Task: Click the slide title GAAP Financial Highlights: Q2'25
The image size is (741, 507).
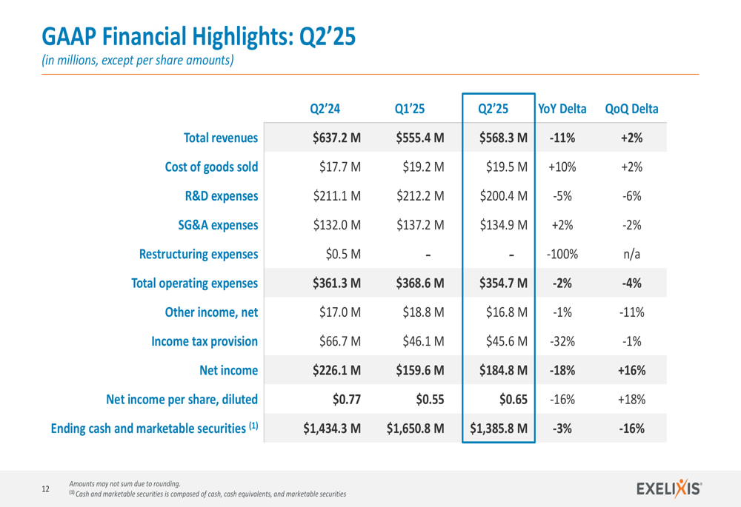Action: pos(198,36)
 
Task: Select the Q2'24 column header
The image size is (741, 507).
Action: pos(325,109)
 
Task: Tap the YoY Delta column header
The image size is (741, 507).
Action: pos(562,109)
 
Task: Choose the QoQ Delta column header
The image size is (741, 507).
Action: pos(631,109)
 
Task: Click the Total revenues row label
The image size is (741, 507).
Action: pos(221,138)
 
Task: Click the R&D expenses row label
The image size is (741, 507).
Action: pos(222,196)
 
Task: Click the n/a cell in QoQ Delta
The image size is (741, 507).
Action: pos(631,255)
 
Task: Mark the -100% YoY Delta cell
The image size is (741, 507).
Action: pos(562,255)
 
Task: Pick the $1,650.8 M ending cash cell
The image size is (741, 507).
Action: pos(415,429)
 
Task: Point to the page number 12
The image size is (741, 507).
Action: pos(46,488)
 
